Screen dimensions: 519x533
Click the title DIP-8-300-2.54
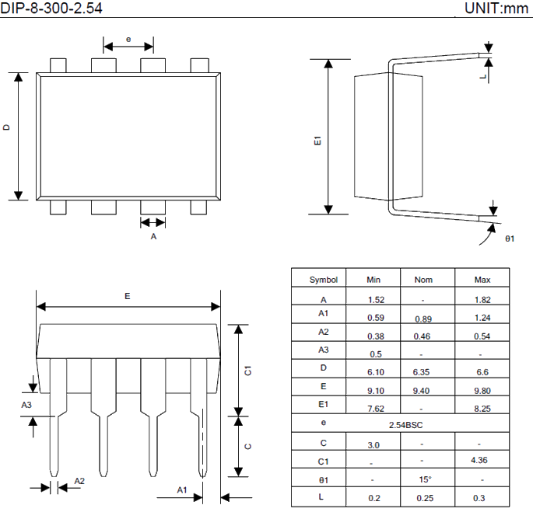coord(51,9)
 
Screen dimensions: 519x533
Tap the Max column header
coord(482,280)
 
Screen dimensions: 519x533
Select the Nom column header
coord(423,280)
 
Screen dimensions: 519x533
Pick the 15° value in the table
coord(423,479)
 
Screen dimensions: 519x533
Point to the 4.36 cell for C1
coord(482,461)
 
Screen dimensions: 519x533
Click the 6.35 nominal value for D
coord(423,372)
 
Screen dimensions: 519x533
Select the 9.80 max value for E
coord(482,391)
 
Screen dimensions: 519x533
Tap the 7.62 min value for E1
coord(377,409)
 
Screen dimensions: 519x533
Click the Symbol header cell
coord(324,280)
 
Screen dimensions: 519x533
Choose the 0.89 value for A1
coord(423,319)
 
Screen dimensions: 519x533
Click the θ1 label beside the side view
coord(510,239)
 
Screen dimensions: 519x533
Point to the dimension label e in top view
coord(128,38)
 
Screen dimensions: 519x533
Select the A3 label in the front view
coord(26,405)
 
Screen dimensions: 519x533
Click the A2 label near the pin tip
coord(79,482)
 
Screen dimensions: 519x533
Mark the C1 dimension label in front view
coord(247,370)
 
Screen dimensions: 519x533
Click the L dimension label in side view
coord(483,78)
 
